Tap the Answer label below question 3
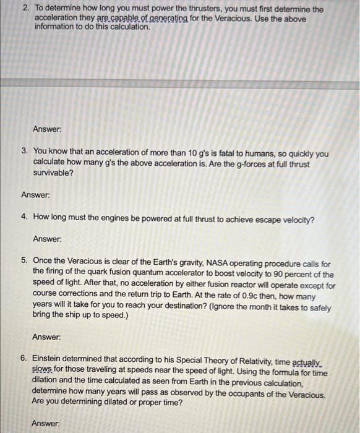(35, 195)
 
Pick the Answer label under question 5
(46, 338)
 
